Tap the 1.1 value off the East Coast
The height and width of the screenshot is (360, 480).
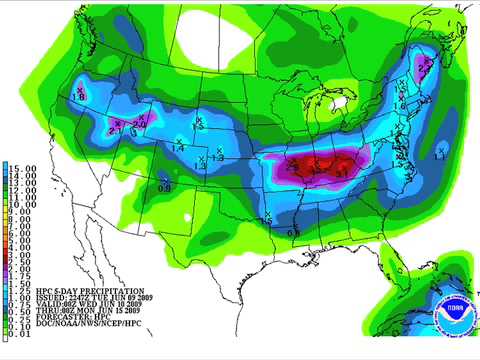pyautogui.click(x=441, y=155)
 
